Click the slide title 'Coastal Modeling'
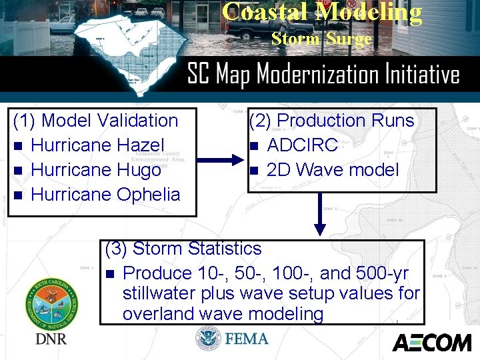[322, 13]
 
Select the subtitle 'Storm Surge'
[321, 39]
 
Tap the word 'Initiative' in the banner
[419, 74]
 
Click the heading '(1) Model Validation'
[96, 121]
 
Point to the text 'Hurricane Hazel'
[97, 145]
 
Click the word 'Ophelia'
[148, 195]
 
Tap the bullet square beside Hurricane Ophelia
[19, 195]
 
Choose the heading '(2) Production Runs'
[331, 121]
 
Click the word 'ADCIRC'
[302, 145]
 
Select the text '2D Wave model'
[333, 170]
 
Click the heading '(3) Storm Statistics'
[183, 249]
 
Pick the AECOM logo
[431, 343]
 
